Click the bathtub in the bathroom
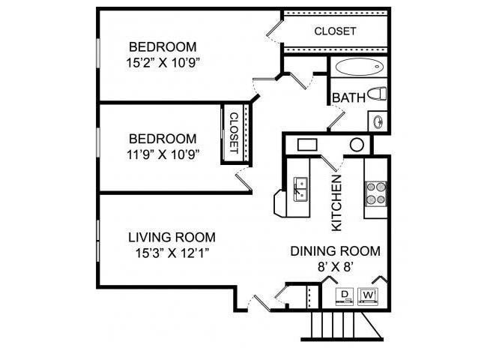(x=359, y=67)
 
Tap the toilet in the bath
(x=380, y=94)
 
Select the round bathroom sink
(x=378, y=120)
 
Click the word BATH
(x=348, y=97)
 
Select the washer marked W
(x=369, y=295)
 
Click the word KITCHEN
(x=336, y=202)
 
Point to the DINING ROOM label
(x=335, y=251)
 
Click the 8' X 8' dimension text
(x=335, y=266)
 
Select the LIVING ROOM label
(x=166, y=238)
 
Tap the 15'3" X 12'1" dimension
(x=166, y=253)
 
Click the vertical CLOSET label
(x=232, y=133)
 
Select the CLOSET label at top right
(x=335, y=31)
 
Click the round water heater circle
(x=357, y=145)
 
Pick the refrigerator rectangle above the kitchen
(x=309, y=145)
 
